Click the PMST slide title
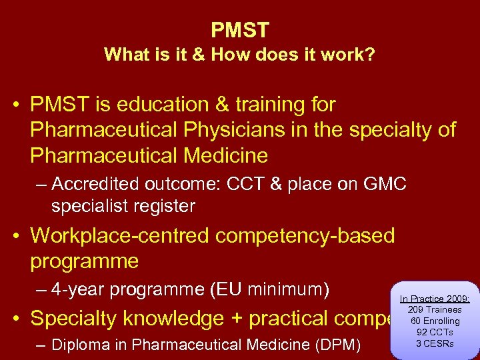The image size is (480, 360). [x=240, y=30]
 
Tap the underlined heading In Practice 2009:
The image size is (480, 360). [x=434, y=299]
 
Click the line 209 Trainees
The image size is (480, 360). [x=434, y=310]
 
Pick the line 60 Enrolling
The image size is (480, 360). [x=434, y=321]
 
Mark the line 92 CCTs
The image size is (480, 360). [x=434, y=332]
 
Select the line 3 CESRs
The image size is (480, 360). [x=434, y=343]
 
